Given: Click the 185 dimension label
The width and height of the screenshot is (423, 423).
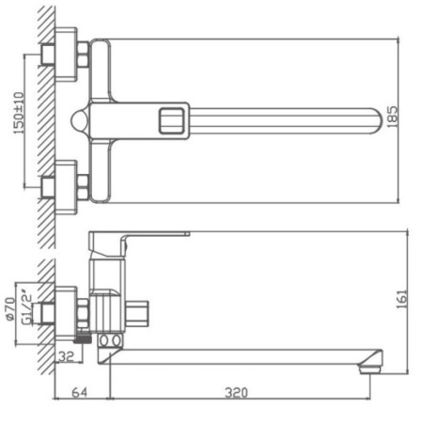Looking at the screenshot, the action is pyautogui.click(x=393, y=117).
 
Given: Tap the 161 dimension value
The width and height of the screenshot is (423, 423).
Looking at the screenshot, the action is pyautogui.click(x=402, y=300).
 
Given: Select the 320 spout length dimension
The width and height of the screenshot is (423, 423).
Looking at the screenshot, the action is pyautogui.click(x=236, y=392).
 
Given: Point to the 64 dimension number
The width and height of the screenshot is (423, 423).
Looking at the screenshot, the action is pyautogui.click(x=80, y=392).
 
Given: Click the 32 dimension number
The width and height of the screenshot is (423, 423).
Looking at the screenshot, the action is pyautogui.click(x=67, y=356).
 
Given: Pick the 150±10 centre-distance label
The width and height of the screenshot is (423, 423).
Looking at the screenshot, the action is pyautogui.click(x=19, y=113).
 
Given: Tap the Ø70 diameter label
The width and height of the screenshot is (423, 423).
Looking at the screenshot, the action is pyautogui.click(x=10, y=308).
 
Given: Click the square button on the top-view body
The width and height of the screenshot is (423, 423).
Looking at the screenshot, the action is pyautogui.click(x=171, y=120).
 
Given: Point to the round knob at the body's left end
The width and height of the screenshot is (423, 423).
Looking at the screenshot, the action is pyautogui.click(x=80, y=120).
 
